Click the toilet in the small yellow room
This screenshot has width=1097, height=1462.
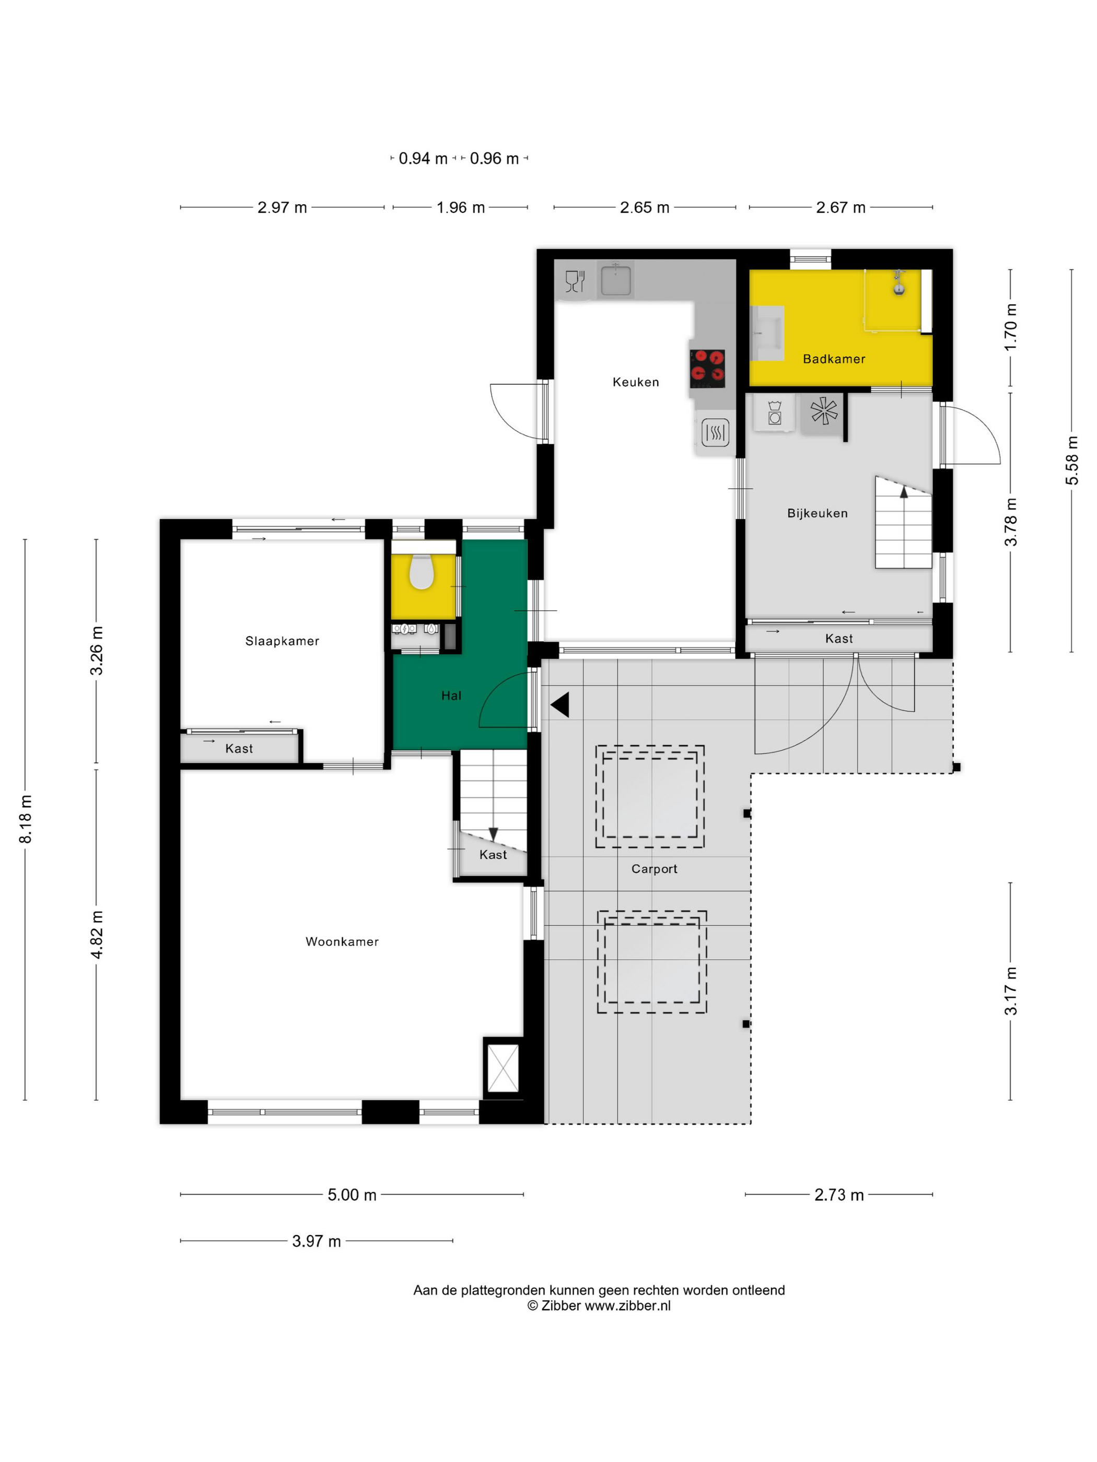[x=421, y=572]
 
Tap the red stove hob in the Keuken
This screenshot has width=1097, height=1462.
[x=707, y=368]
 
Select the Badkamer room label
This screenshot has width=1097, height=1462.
[x=834, y=359]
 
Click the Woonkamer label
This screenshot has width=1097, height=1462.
[x=342, y=941]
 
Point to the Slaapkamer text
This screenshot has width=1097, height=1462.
[x=283, y=641]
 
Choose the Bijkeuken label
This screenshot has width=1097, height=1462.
[x=818, y=513]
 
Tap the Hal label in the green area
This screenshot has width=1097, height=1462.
[x=451, y=695]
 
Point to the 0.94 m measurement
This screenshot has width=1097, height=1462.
[x=423, y=159]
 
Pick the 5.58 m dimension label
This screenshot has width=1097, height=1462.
[x=1072, y=460]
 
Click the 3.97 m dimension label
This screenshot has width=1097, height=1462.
[x=317, y=1241]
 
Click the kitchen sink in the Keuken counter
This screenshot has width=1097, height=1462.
[x=615, y=279]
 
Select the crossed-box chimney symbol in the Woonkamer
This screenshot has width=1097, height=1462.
[x=503, y=1068]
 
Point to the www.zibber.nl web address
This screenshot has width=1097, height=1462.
[x=627, y=1305]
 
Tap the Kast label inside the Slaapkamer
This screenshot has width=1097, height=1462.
[x=239, y=748]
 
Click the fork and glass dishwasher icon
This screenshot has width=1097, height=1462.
[x=575, y=281]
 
